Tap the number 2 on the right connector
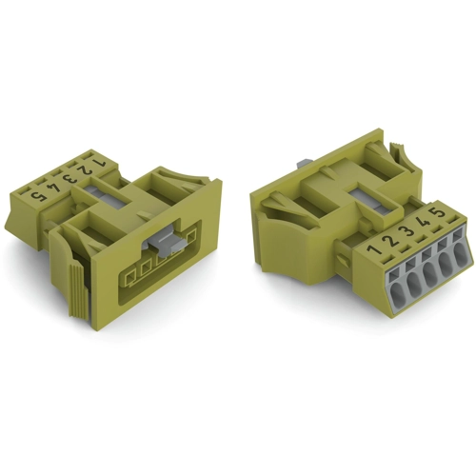[x=392, y=240]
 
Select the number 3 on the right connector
[x=408, y=230]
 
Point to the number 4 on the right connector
[x=425, y=221]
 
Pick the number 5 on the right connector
[x=438, y=212]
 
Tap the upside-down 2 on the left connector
[x=84, y=171]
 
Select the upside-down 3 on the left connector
[x=69, y=180]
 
